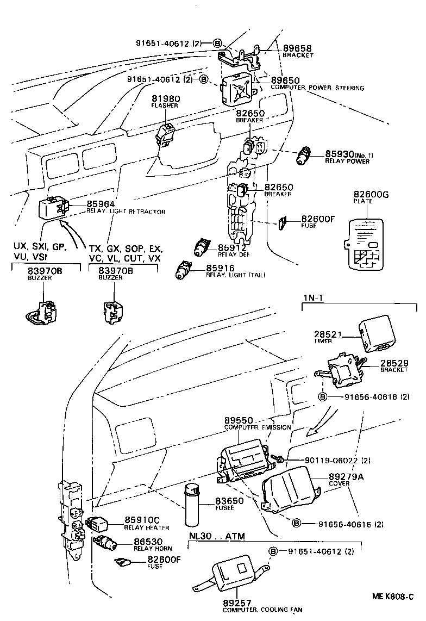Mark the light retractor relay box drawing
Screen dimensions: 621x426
coord(52,208)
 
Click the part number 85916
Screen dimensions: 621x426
coord(220,268)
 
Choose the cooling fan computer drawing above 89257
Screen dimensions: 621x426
coord(233,572)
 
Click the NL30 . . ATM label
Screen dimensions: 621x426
coord(217,537)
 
